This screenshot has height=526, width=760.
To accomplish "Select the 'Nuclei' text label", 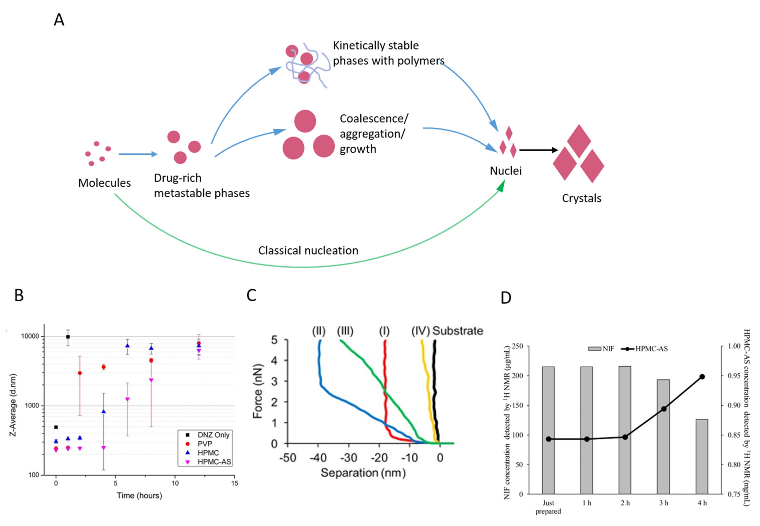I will coord(505,171).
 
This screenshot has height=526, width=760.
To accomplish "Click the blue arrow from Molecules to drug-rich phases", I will coord(138,154).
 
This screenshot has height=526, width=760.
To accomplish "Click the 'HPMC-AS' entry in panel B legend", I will coord(214,462).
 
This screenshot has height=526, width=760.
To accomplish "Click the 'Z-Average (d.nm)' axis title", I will coord(13,405).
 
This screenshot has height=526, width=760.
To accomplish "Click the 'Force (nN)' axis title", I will coord(258,391).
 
